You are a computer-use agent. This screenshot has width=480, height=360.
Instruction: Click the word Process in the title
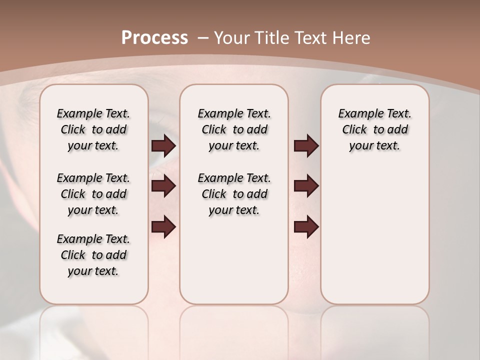(154, 38)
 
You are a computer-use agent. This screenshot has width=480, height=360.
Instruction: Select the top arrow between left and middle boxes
(163, 146)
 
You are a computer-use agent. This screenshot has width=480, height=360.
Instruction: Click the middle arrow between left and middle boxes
(163, 186)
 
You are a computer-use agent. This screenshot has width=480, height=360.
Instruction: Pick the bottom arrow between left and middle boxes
(163, 227)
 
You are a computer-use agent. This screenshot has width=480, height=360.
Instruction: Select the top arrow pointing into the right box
(306, 146)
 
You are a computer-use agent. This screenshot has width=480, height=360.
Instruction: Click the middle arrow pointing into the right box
(306, 186)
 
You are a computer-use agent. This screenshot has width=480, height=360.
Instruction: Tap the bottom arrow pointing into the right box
(306, 227)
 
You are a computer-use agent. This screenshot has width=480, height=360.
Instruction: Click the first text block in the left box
(93, 129)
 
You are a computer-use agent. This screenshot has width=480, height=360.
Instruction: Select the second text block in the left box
(93, 194)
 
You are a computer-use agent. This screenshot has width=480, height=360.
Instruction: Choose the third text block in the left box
(93, 255)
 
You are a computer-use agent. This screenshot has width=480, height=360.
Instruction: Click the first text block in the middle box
(234, 129)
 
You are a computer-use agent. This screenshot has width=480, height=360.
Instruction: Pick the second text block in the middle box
(234, 194)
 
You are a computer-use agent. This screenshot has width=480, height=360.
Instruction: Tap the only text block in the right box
(374, 129)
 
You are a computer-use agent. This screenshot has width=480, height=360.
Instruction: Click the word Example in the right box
(357, 114)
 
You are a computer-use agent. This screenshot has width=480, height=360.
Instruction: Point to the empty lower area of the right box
(374, 235)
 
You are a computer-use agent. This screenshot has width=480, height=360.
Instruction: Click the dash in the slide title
(203, 38)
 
